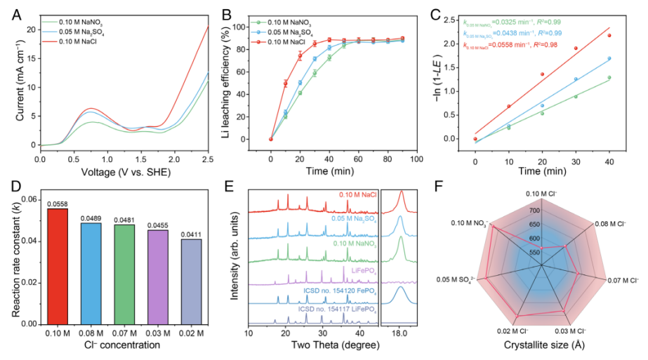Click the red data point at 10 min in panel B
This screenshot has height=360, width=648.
pos(286,84)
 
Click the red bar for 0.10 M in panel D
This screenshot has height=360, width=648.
pos(58,267)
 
